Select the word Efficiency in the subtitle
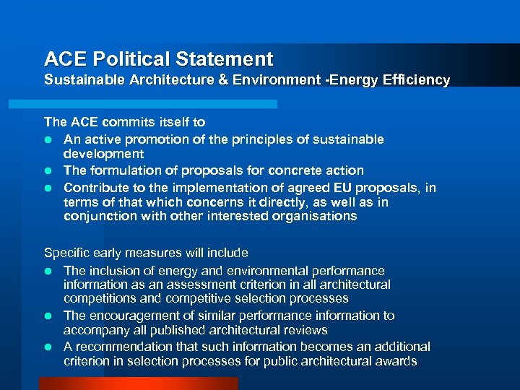419,80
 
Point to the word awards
397,361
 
